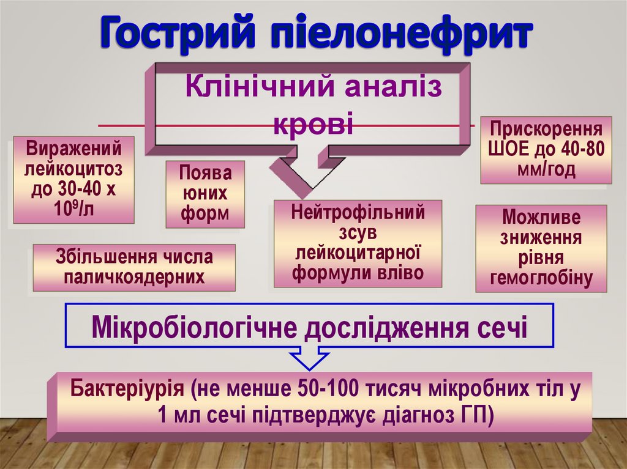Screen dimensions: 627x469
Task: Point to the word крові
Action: pyautogui.click(x=313, y=125)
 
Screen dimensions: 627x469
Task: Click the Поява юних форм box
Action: pyautogui.click(x=205, y=194)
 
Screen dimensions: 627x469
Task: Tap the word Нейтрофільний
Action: pyautogui.click(x=358, y=213)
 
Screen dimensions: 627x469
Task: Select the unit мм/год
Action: pyautogui.click(x=546, y=169)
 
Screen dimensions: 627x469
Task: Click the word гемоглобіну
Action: pyautogui.click(x=542, y=278)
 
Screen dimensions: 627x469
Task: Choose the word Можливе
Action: pyautogui.click(x=541, y=217)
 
